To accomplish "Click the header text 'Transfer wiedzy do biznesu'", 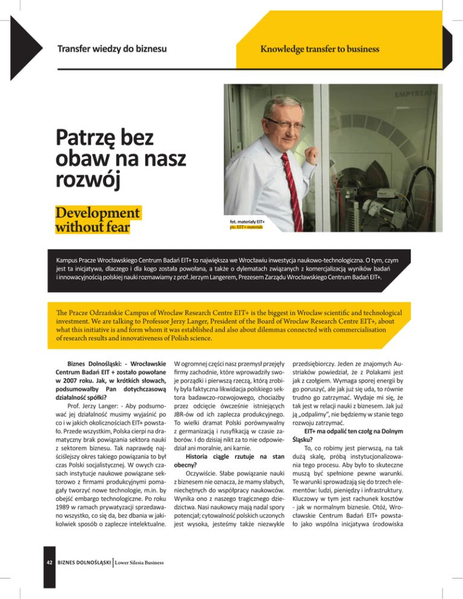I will click(112, 48).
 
